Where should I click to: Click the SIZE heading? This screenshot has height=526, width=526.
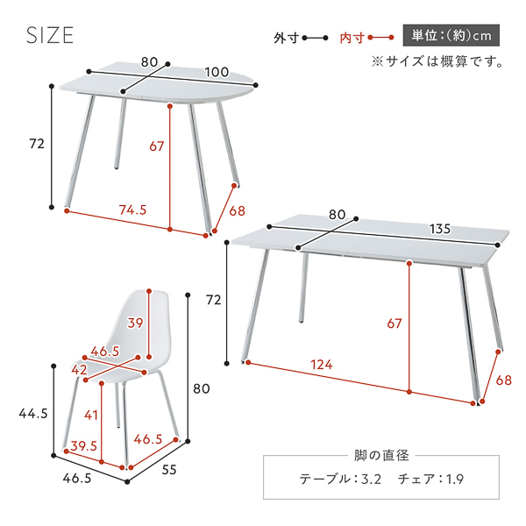pyautogui.click(x=50, y=35)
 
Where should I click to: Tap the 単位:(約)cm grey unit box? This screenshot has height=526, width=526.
pyautogui.click(x=451, y=35)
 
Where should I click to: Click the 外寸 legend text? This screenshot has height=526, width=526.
pyautogui.click(x=286, y=38)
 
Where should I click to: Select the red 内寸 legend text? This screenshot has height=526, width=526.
pyautogui.click(x=352, y=38)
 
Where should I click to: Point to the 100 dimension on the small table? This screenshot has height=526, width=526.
pyautogui.click(x=217, y=72)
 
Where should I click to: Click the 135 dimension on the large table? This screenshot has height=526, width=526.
pyautogui.click(x=440, y=229)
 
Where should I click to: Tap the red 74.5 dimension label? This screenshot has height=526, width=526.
pyautogui.click(x=133, y=210)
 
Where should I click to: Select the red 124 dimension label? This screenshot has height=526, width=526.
pyautogui.click(x=322, y=365)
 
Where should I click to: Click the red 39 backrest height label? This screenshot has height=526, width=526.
pyautogui.click(x=135, y=323)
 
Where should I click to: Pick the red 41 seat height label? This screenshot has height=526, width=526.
pyautogui.click(x=91, y=416)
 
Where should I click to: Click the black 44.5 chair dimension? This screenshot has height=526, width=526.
pyautogui.click(x=33, y=414)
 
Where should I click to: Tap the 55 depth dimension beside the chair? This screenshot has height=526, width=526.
pyautogui.click(x=169, y=470)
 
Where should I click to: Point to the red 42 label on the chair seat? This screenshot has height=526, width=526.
pyautogui.click(x=79, y=370)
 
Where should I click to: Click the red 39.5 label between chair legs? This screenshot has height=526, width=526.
pyautogui.click(x=83, y=446)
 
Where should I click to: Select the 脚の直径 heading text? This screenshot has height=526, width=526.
pyautogui.click(x=381, y=456)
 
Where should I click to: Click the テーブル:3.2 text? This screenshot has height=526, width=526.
pyautogui.click(x=340, y=479)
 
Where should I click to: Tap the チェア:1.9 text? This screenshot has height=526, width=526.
pyautogui.click(x=430, y=479)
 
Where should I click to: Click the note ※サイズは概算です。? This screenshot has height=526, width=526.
pyautogui.click(x=437, y=61)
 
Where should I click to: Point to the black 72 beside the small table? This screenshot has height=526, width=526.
pyautogui.click(x=37, y=144)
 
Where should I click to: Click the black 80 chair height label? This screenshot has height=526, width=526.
pyautogui.click(x=202, y=388)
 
